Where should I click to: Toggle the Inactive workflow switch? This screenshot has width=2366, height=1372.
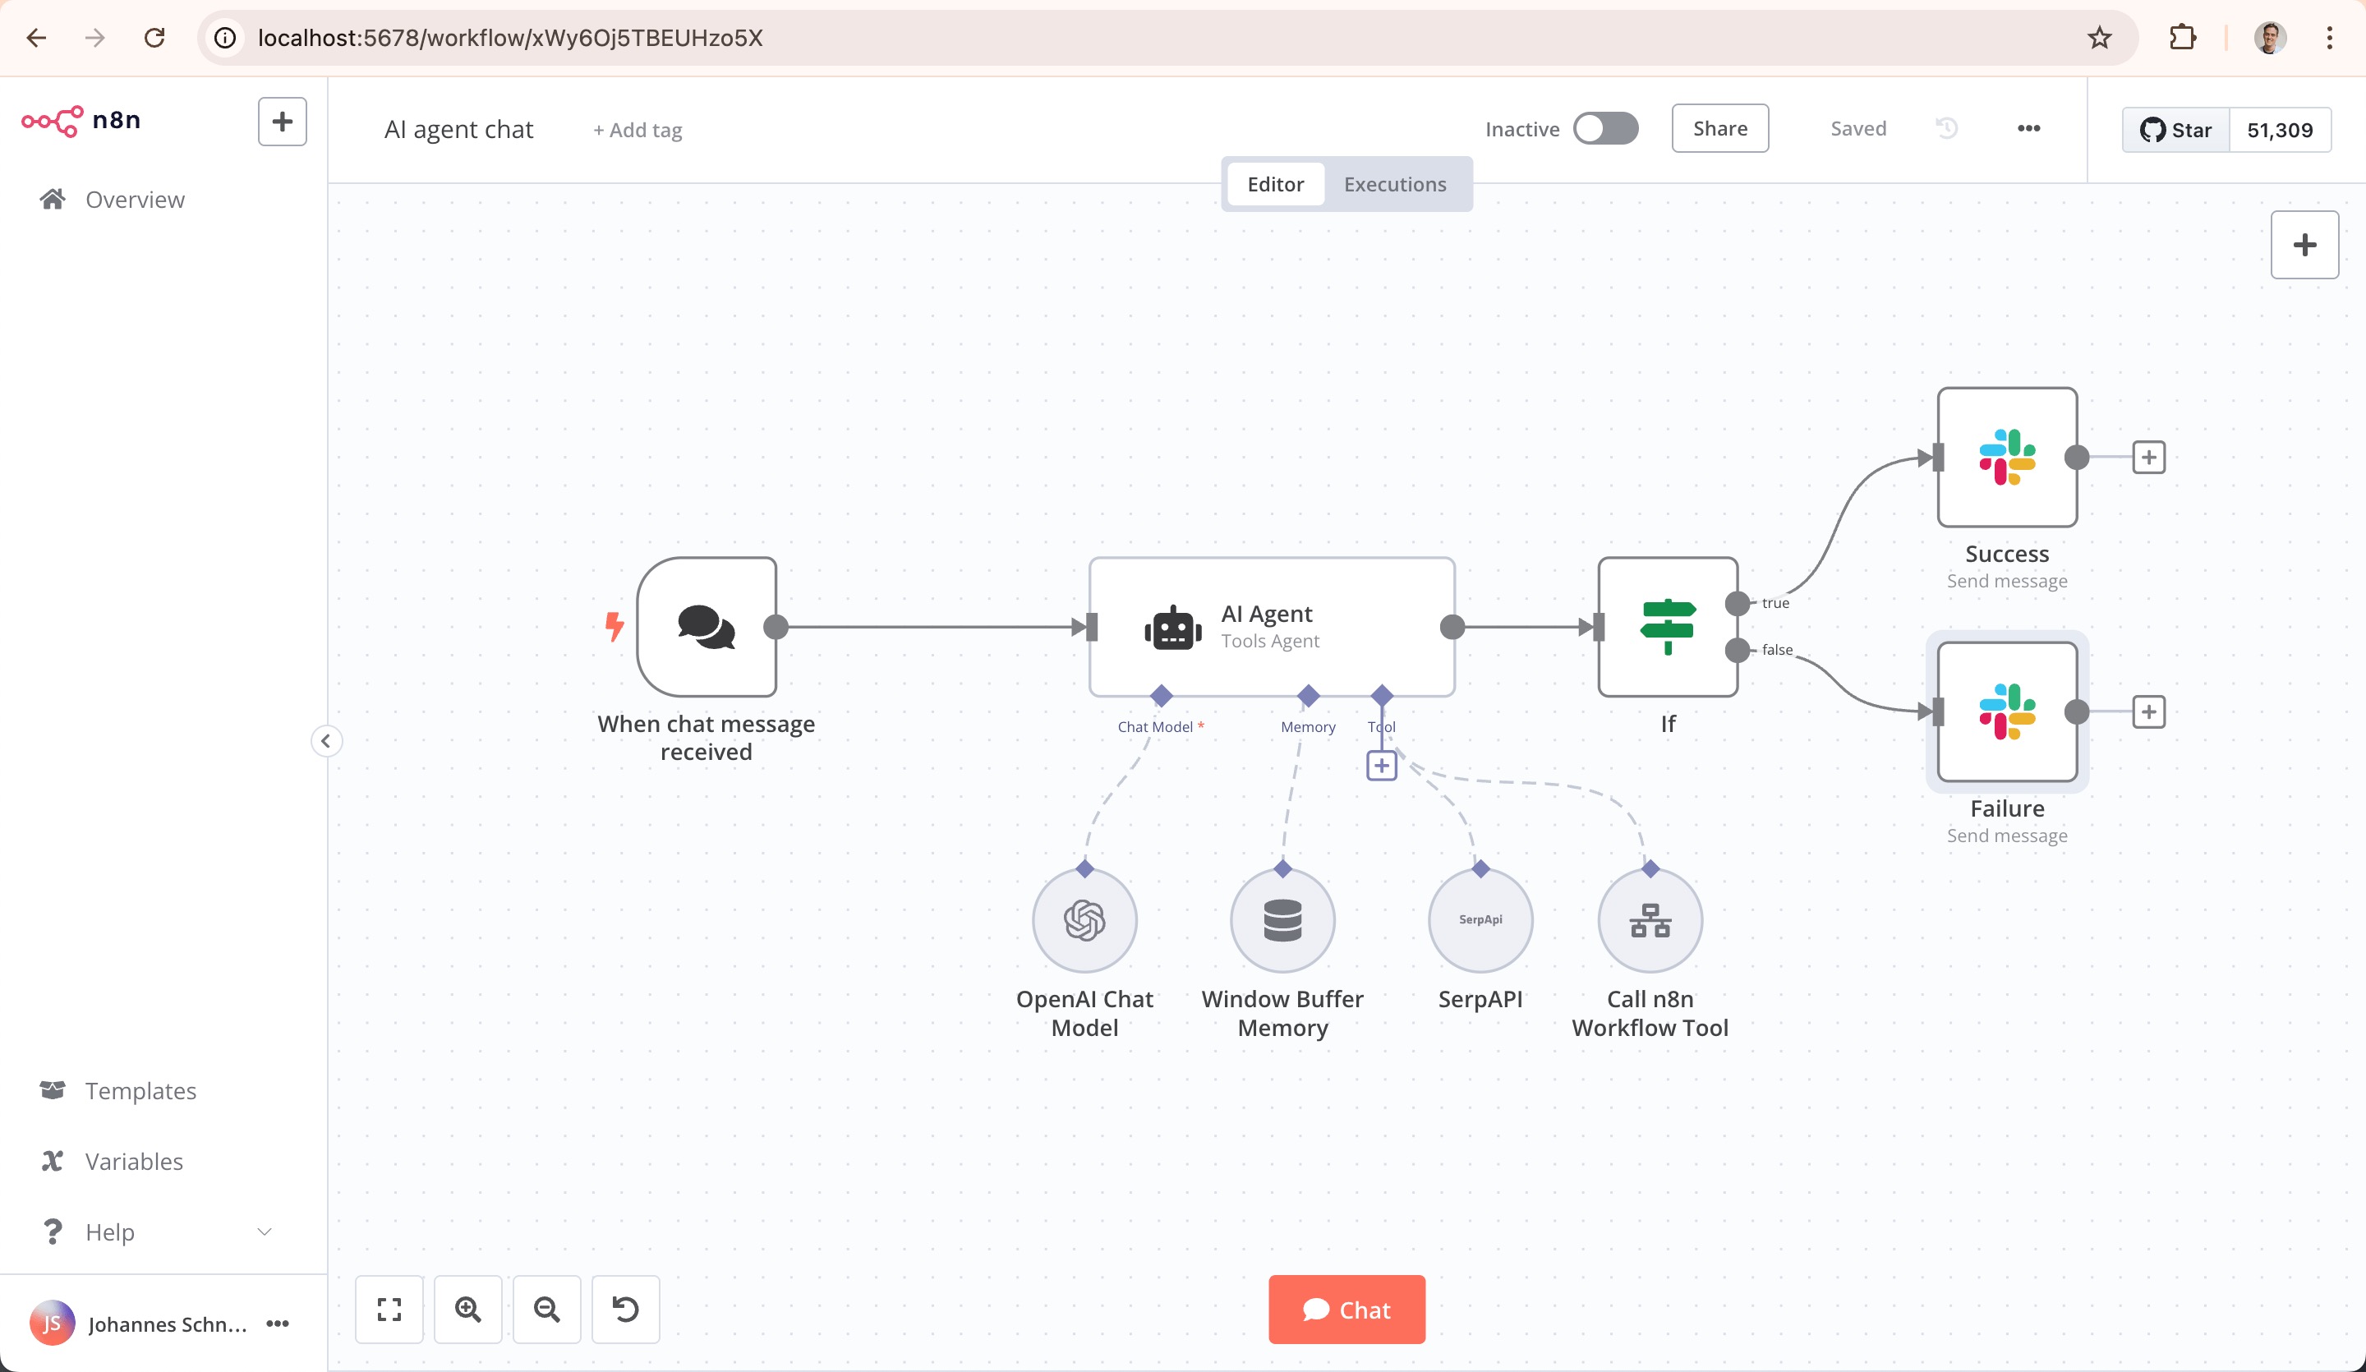point(1605,129)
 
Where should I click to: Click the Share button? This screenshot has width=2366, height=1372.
point(1719,129)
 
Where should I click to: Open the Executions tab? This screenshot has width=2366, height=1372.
point(1394,184)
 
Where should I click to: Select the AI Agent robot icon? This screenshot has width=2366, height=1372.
point(1172,628)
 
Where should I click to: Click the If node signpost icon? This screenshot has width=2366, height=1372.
point(1667,626)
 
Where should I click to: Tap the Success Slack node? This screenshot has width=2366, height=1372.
point(2006,458)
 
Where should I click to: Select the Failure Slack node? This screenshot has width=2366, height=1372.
point(2006,711)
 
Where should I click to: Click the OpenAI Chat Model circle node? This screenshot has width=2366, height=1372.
point(1084,920)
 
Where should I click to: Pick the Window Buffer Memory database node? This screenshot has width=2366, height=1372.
point(1282,920)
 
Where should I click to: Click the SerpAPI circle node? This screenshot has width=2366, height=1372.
point(1480,920)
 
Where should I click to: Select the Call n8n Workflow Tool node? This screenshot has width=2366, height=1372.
point(1650,920)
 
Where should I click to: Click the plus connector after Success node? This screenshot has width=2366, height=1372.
point(2148,458)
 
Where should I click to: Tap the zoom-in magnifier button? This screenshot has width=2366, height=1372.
point(467,1309)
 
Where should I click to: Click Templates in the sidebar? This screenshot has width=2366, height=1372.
point(140,1090)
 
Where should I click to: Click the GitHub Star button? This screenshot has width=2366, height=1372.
point(2175,130)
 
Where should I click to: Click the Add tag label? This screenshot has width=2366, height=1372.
point(638,130)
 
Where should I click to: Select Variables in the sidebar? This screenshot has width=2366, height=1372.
point(133,1161)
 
